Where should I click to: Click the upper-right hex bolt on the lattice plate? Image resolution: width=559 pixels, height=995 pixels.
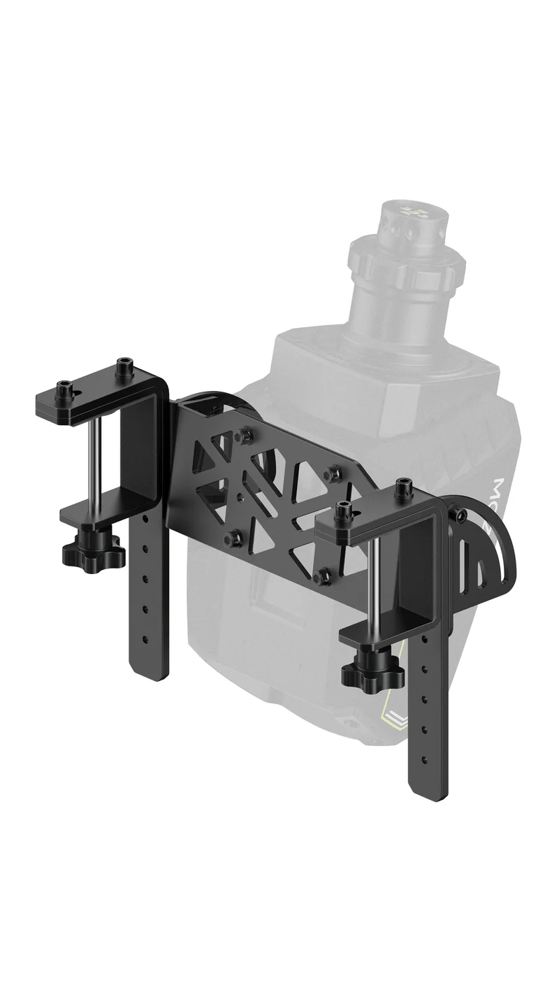pos(332,473)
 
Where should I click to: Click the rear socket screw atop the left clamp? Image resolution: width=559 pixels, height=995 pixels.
pos(125,364)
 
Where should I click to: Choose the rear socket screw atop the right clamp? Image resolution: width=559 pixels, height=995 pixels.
pos(402,485)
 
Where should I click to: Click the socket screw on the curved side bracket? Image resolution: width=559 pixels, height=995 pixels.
pos(462,516)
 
